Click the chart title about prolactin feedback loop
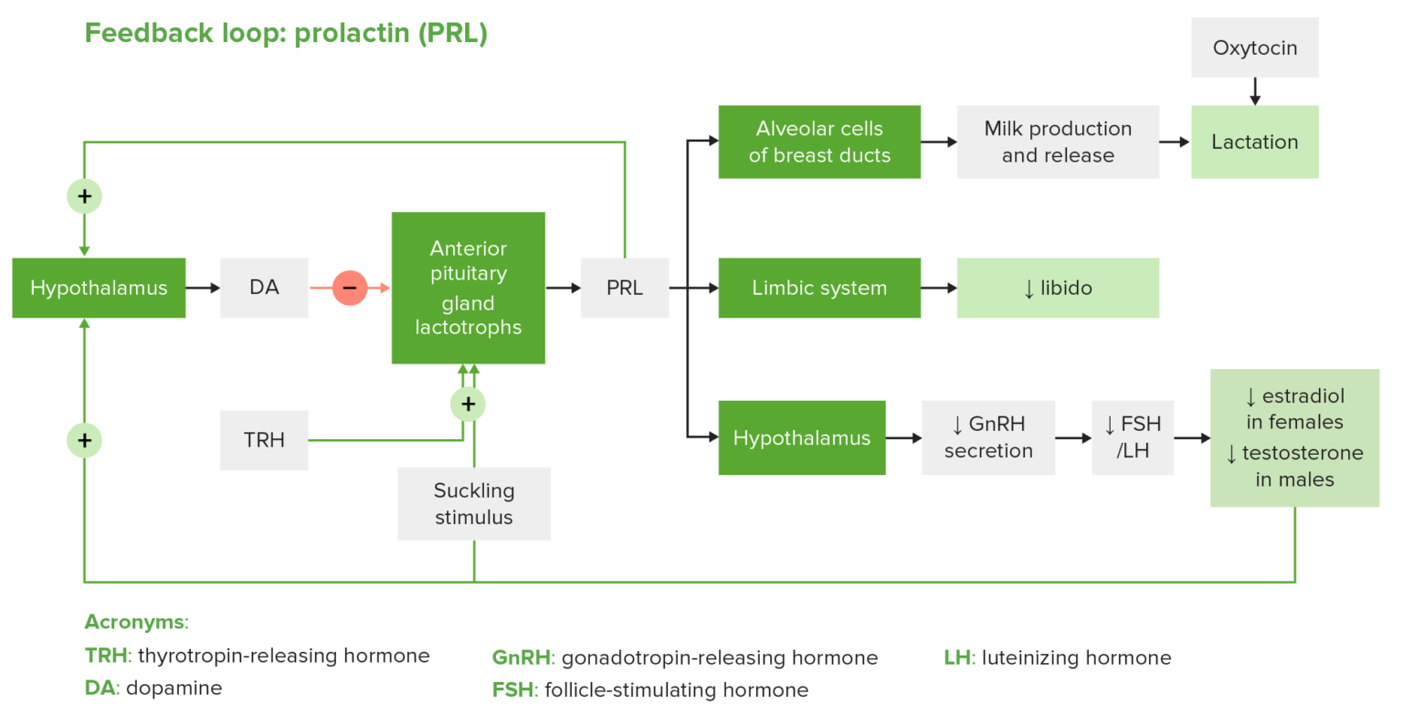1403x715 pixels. [286, 34]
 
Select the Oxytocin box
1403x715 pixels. [1254, 47]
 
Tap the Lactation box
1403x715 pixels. [1254, 142]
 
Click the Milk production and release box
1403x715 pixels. [1058, 142]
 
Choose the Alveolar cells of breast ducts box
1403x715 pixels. [819, 142]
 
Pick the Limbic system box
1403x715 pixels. [819, 288]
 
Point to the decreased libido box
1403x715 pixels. [1058, 288]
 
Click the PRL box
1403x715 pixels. [625, 288]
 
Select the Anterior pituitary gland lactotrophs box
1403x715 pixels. [469, 288]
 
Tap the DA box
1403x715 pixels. [264, 288]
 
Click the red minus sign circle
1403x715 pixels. [349, 288]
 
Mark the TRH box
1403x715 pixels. [264, 440]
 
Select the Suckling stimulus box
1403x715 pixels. [474, 504]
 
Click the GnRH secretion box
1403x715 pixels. [988, 437]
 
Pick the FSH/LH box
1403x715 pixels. [1133, 437]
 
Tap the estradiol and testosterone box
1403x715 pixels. [1294, 437]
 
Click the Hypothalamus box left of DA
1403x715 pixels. [99, 288]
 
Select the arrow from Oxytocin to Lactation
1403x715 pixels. [1254, 90]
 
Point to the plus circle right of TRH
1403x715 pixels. [468, 404]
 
